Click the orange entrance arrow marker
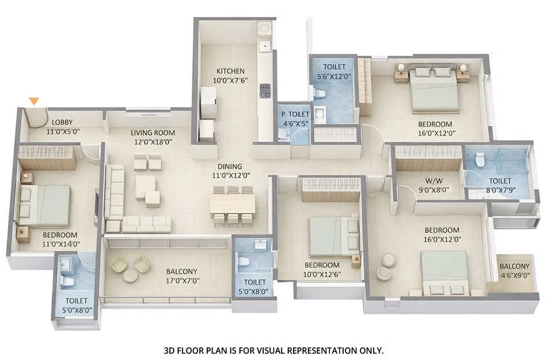(x=34, y=101)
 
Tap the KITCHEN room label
(x=230, y=71)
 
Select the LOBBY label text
(x=62, y=122)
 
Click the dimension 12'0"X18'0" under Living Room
(x=153, y=141)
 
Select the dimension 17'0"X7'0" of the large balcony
(x=182, y=281)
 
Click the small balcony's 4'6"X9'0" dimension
(x=514, y=275)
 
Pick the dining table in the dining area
(x=231, y=203)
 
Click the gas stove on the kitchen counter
(x=265, y=90)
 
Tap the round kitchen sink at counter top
(x=264, y=27)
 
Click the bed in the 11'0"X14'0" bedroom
(x=45, y=206)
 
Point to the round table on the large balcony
(x=130, y=275)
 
